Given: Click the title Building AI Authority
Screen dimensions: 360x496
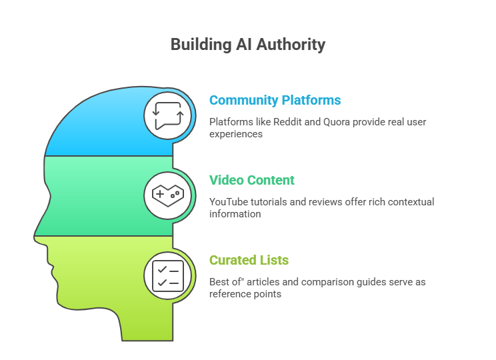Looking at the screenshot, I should click(x=247, y=45).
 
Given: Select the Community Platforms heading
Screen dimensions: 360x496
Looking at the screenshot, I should click(x=275, y=101).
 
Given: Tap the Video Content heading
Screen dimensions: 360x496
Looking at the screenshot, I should click(x=251, y=181).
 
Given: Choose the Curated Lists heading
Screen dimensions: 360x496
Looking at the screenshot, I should click(x=249, y=261).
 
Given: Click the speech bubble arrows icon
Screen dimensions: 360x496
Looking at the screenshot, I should click(x=168, y=115).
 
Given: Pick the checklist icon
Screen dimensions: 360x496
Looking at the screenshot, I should click(x=168, y=275).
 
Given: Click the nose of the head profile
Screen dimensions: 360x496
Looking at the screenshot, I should click(x=37, y=235).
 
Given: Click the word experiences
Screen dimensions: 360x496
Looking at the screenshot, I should click(x=235, y=134).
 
